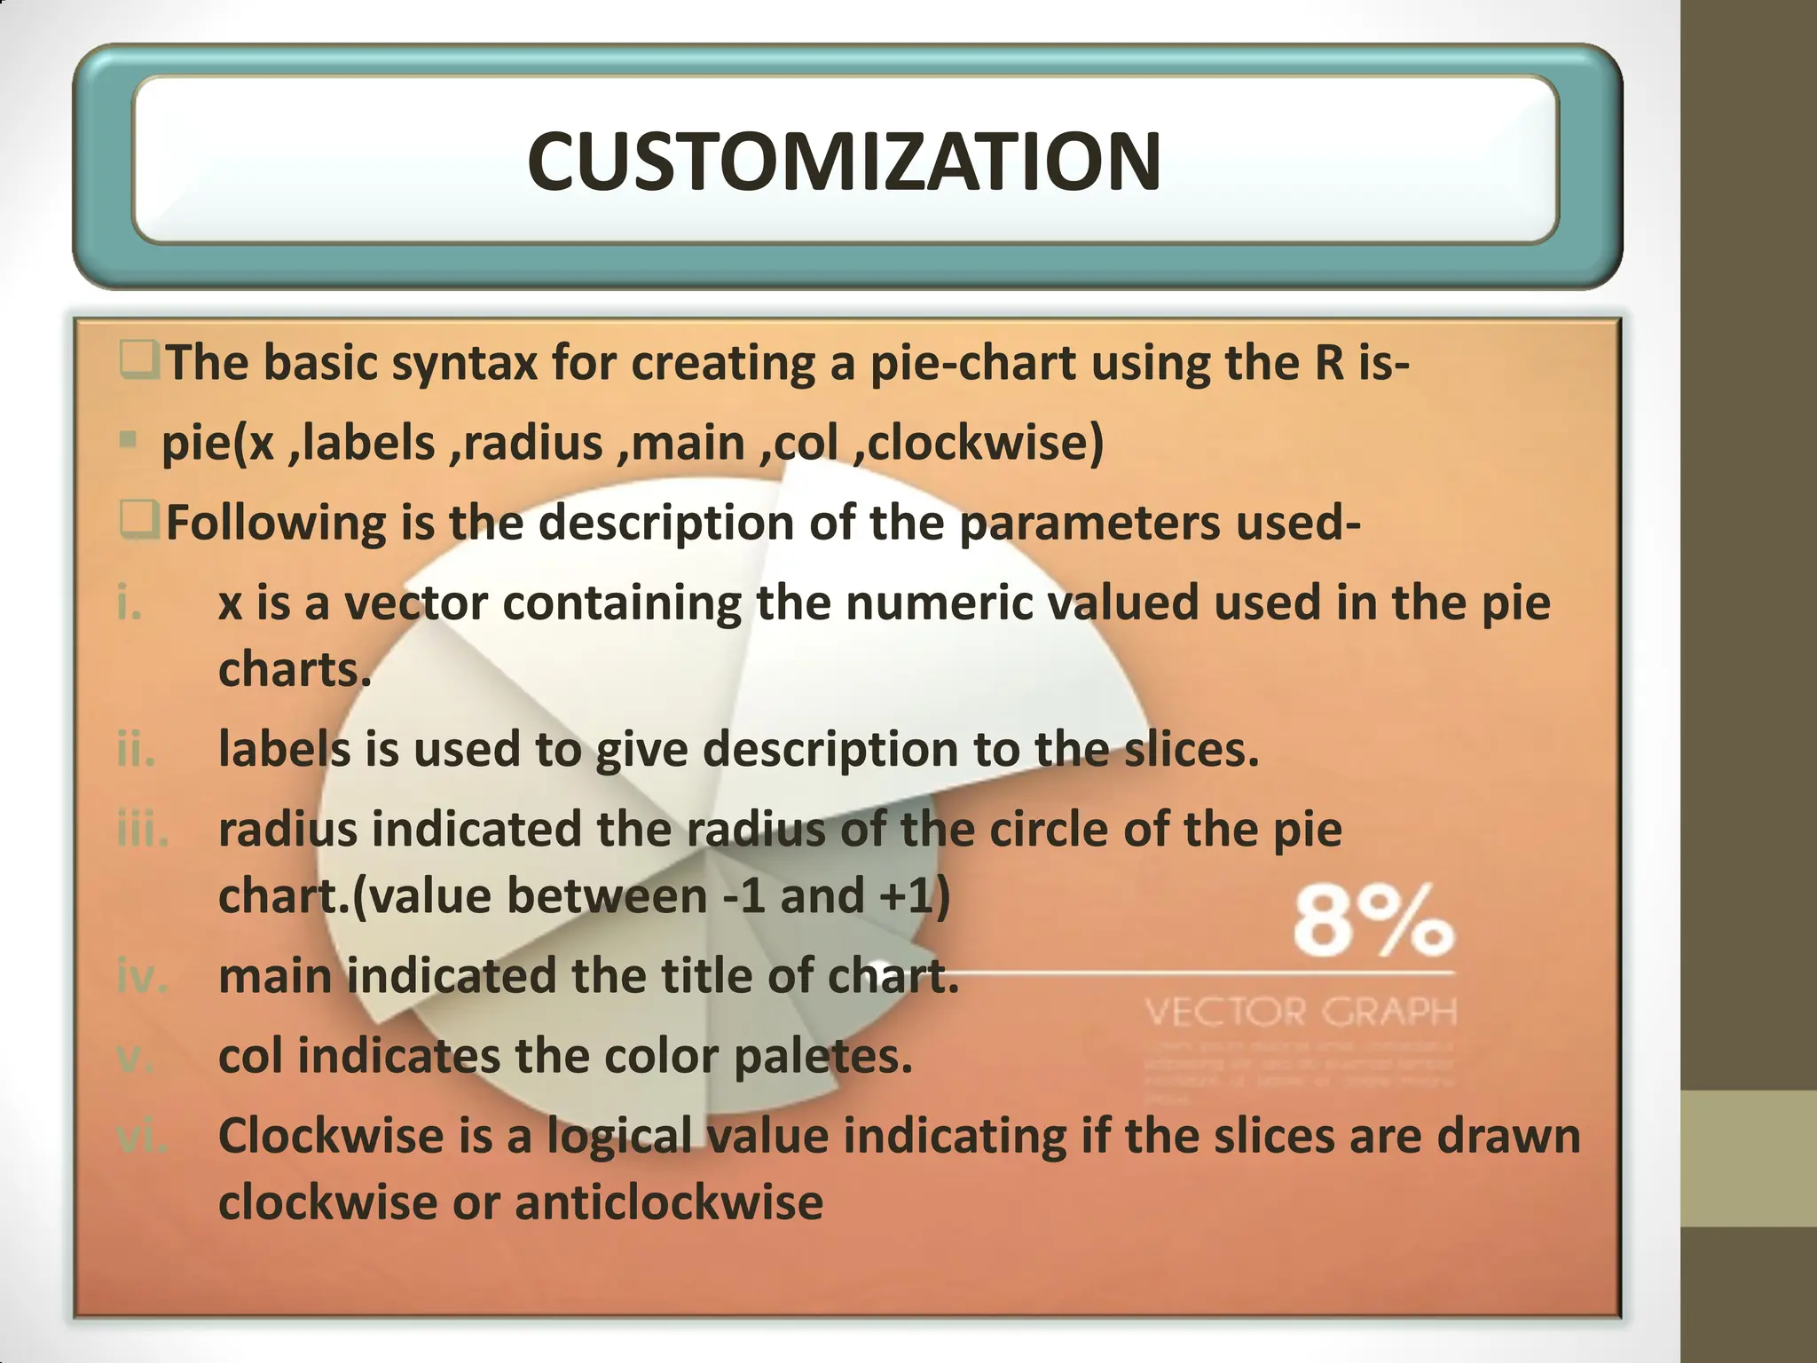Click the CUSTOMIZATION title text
click(844, 162)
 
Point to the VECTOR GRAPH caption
click(1301, 1012)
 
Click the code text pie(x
click(217, 443)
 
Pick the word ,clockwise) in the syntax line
click(979, 443)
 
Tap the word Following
click(276, 523)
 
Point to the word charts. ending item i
click(294, 670)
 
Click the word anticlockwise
click(669, 1203)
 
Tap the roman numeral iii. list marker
click(142, 830)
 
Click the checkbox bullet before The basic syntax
click(138, 362)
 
